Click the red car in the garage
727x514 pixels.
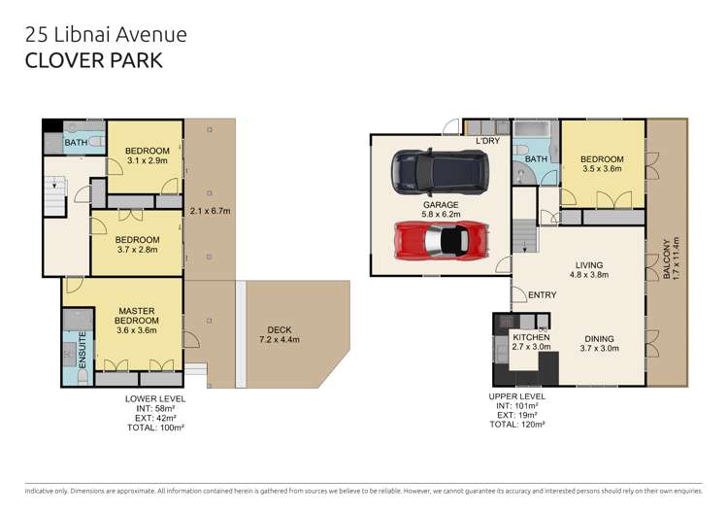pos(439,239)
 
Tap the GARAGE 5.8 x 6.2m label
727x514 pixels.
pos(440,210)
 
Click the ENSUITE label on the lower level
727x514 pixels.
pos(83,350)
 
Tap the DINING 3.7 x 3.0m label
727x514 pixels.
pos(598,342)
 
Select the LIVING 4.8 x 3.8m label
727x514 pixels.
pos(588,270)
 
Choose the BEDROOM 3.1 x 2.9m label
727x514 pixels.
pos(148,155)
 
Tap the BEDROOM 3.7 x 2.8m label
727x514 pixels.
pos(137,244)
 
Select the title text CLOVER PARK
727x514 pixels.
pos(92,59)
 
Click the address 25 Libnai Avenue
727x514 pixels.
pos(104,34)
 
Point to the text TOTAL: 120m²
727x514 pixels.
pos(517,425)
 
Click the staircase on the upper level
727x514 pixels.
pos(525,237)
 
